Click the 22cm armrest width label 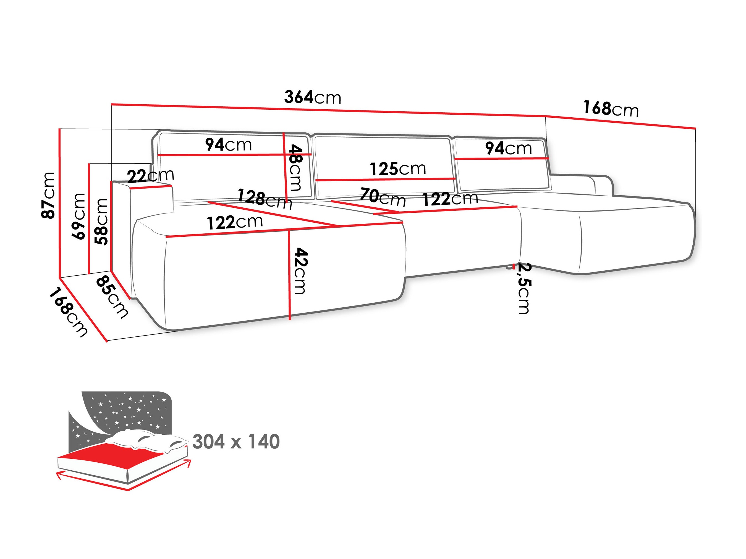point(150,175)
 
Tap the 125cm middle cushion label point(398,168)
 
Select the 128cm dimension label point(265,199)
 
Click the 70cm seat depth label point(383,197)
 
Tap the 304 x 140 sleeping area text point(236,441)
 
